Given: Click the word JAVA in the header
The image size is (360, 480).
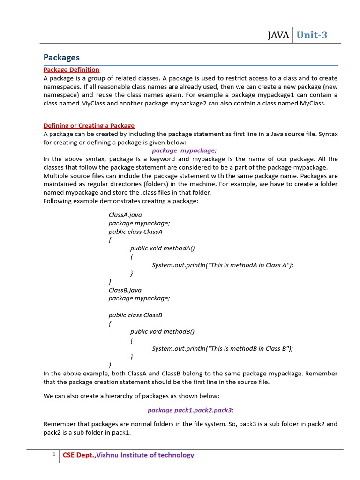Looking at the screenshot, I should (x=278, y=35).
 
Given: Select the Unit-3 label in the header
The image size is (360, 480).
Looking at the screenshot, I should (x=312, y=35).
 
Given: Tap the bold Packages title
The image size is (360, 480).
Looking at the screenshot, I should (x=61, y=57).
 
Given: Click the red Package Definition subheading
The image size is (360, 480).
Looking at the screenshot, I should (x=71, y=70).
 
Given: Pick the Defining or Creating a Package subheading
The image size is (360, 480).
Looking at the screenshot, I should (x=89, y=126).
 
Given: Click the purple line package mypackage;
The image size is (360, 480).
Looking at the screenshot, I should (x=184, y=150).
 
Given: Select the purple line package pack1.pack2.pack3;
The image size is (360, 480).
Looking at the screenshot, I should (x=190, y=410).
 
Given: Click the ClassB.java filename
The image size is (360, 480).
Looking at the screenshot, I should (x=125, y=290).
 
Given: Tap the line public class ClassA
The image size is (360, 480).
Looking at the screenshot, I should (x=135, y=232).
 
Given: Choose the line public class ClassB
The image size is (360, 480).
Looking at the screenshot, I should (x=135, y=315).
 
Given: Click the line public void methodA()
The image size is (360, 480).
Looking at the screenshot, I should (x=162, y=248).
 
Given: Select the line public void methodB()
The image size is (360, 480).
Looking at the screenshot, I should (x=162, y=332).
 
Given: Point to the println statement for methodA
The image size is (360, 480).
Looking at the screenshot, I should (x=223, y=265).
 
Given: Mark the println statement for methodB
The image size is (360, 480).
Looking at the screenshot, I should (x=223, y=349).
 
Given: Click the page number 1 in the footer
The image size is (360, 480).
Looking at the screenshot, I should (x=54, y=454).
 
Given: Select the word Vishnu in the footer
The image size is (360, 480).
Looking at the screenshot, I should (x=108, y=455).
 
